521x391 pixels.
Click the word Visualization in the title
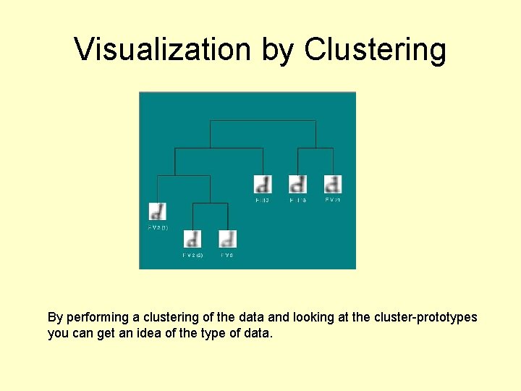(x=164, y=49)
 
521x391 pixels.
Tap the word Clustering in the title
(x=376, y=49)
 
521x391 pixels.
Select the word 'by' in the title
(x=278, y=49)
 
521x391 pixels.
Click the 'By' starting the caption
(x=55, y=318)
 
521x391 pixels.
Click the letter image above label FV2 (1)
(x=157, y=211)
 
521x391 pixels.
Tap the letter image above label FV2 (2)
(x=192, y=238)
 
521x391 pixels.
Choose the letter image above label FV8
(x=227, y=238)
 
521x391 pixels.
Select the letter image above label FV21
(x=332, y=183)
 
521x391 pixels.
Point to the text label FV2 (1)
(x=157, y=227)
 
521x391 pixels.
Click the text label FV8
(x=226, y=255)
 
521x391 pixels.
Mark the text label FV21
(x=332, y=200)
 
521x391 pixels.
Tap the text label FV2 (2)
(x=192, y=255)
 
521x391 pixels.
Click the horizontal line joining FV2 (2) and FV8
(x=210, y=203)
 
